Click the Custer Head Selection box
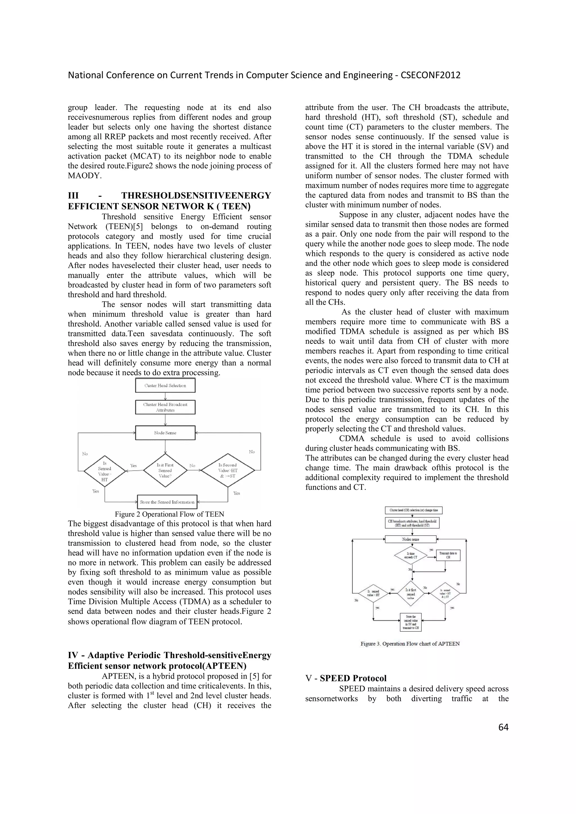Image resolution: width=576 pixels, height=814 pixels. point(165,385)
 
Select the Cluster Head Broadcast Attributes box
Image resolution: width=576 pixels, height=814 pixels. point(165,407)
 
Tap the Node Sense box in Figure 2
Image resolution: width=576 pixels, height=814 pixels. point(165,433)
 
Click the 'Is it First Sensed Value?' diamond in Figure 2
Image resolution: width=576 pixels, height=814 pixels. point(165,470)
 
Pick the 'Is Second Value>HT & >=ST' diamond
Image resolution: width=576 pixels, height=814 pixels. point(228,470)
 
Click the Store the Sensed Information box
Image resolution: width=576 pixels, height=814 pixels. point(167,502)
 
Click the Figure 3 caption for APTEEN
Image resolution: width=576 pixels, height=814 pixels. point(410,644)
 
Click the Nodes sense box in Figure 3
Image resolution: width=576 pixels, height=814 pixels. point(411,539)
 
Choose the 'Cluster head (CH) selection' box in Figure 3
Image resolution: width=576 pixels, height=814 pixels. point(413,510)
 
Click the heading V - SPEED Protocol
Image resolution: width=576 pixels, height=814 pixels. point(346,678)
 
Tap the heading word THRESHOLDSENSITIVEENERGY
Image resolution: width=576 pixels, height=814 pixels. point(196,196)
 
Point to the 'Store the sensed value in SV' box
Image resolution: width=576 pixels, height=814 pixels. point(411,622)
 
